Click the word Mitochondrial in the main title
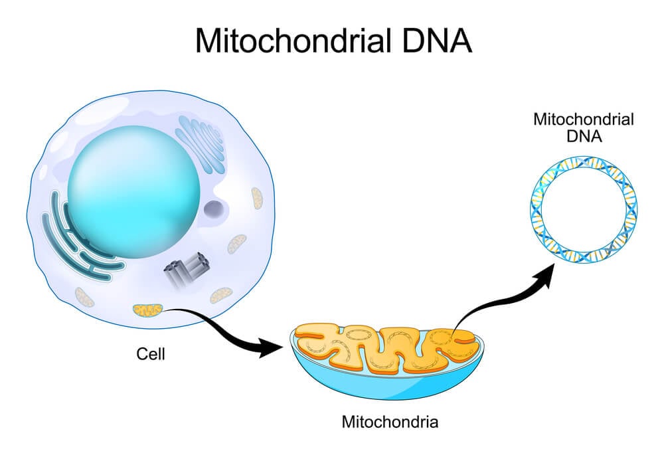click(293, 41)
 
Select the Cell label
click(150, 354)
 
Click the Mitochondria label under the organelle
click(390, 422)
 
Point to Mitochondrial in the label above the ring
click(584, 119)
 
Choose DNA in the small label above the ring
click(584, 136)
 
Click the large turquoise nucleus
click(133, 192)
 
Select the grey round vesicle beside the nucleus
click(214, 209)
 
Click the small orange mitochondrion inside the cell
click(147, 311)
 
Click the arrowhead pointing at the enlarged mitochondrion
click(271, 348)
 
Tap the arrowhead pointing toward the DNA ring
click(545, 274)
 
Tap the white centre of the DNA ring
click(584, 209)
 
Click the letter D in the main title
click(413, 41)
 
